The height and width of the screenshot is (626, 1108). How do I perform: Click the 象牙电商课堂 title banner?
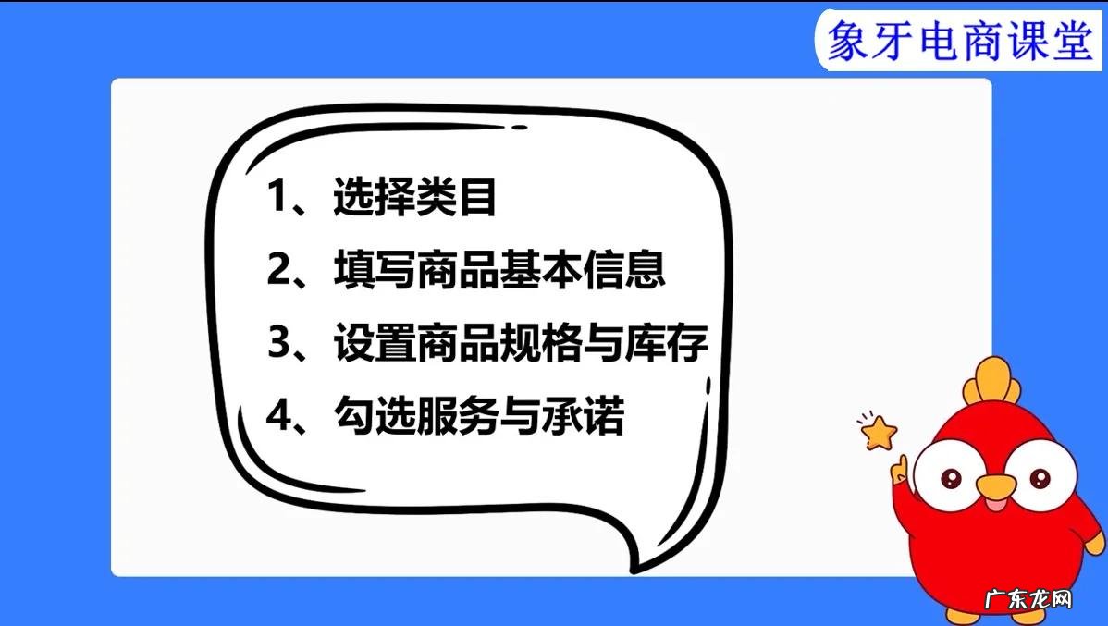point(958,41)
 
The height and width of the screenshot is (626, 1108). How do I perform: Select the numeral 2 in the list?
point(279,271)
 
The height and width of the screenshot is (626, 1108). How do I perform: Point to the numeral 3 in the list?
point(279,344)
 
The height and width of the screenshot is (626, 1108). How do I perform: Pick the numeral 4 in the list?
point(279,417)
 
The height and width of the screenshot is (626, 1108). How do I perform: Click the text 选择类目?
point(415,198)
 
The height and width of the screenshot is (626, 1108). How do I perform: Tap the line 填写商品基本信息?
point(499,271)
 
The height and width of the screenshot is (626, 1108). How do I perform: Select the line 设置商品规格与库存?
point(521,344)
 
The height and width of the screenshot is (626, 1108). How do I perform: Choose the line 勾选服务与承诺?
point(478,417)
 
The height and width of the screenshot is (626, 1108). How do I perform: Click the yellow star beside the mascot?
point(879,431)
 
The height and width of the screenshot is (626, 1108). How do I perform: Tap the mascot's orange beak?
point(995,491)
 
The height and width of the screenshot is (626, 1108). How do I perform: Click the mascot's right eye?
point(1039,476)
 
